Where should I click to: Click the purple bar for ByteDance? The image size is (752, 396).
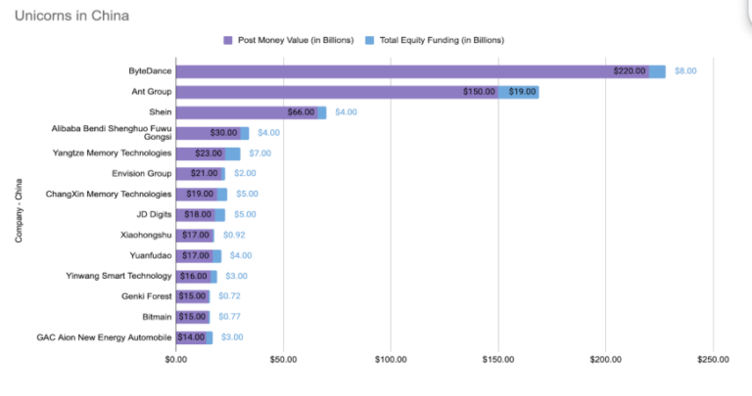[392, 71]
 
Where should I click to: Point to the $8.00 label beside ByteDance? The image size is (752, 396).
[685, 71]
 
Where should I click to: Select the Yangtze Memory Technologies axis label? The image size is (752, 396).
[113, 153]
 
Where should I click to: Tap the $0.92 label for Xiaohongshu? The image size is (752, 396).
[234, 235]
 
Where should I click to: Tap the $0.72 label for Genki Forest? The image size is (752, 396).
[229, 296]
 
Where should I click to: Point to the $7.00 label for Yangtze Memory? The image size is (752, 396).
[258, 154]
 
